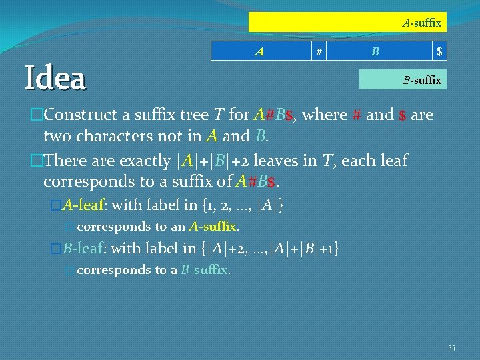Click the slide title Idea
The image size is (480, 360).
click(x=55, y=78)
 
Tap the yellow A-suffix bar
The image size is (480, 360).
click(x=347, y=23)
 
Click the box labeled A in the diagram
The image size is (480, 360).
click(x=261, y=51)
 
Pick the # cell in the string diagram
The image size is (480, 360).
click(x=320, y=51)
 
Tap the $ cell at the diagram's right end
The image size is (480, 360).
click(x=439, y=51)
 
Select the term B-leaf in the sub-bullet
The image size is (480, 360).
click(x=83, y=249)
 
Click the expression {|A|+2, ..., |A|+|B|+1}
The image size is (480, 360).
click(x=269, y=249)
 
